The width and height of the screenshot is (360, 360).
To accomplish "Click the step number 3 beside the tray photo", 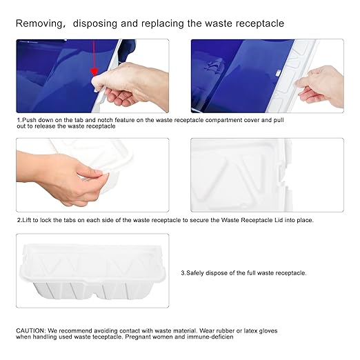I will [183, 273].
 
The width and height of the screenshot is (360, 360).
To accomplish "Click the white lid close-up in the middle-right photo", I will [266, 174].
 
